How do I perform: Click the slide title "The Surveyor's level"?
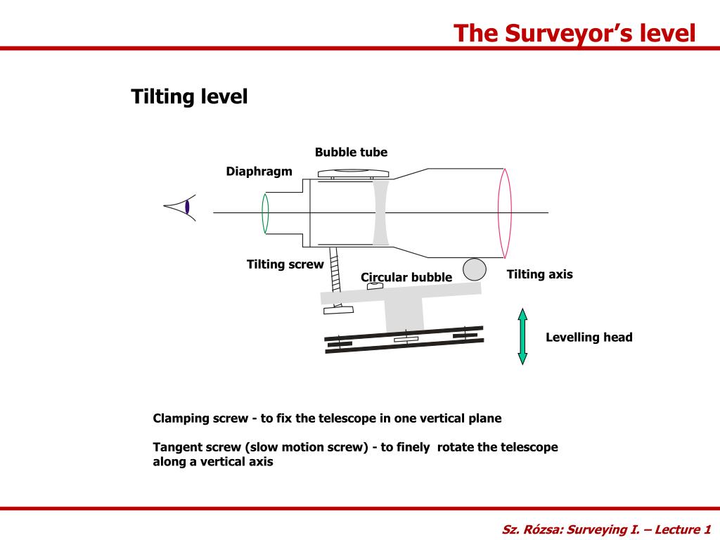(x=574, y=33)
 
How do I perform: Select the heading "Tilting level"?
(x=189, y=96)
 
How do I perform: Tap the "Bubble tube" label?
(x=351, y=152)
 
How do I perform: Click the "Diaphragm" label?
(x=259, y=172)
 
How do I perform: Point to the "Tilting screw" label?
(x=285, y=264)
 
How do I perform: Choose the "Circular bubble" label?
(x=406, y=277)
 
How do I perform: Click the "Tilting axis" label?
(x=539, y=274)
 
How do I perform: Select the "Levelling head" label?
(x=589, y=337)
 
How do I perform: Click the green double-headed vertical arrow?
(x=522, y=336)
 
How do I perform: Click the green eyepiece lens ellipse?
(x=265, y=212)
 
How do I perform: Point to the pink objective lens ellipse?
(x=504, y=212)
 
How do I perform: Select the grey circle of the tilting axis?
(x=475, y=269)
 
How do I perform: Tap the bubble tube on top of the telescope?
(x=353, y=173)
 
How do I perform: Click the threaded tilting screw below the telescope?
(x=335, y=275)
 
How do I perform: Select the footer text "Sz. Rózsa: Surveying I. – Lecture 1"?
(x=607, y=529)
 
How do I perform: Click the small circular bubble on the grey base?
(x=375, y=286)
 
